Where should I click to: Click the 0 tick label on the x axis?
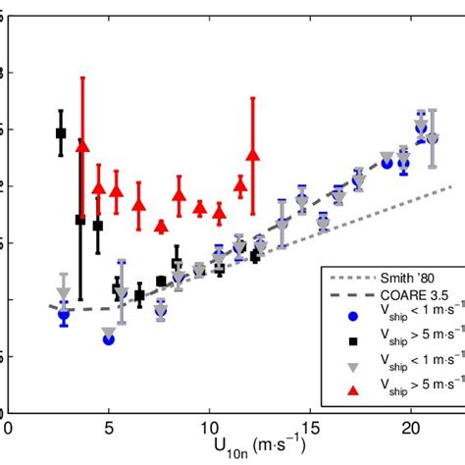(8, 428)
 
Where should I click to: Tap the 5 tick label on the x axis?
(109, 428)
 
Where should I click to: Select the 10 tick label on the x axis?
(209, 428)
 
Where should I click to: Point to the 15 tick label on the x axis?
(310, 428)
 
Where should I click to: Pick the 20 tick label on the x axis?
(410, 428)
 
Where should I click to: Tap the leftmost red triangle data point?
(82, 146)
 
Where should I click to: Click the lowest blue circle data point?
(108, 339)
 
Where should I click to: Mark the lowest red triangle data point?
(161, 227)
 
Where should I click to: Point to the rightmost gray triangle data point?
(433, 140)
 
